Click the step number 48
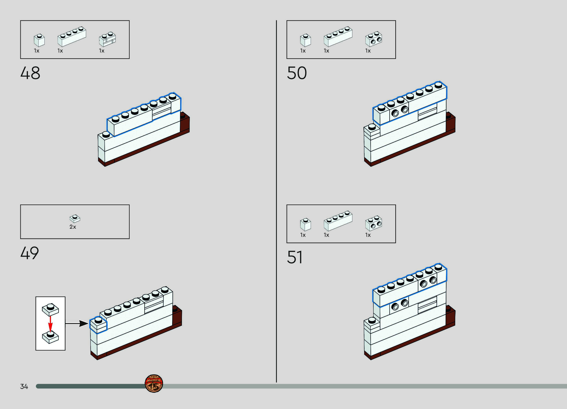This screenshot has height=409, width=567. click(x=30, y=73)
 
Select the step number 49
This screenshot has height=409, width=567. click(x=29, y=253)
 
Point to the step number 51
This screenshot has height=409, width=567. click(x=295, y=257)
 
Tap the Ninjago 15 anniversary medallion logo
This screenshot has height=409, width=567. click(x=154, y=383)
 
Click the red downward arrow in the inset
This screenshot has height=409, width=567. click(x=50, y=324)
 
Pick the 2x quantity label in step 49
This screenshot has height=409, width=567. click(x=73, y=227)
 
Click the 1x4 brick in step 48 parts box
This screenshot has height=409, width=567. click(x=72, y=37)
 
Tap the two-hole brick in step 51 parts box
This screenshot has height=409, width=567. click(x=373, y=223)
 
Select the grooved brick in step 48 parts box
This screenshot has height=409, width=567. click(x=107, y=39)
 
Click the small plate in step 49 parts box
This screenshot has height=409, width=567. click(x=75, y=219)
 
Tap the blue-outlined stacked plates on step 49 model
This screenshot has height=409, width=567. click(x=98, y=325)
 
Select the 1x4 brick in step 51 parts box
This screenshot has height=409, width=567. click(x=338, y=221)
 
